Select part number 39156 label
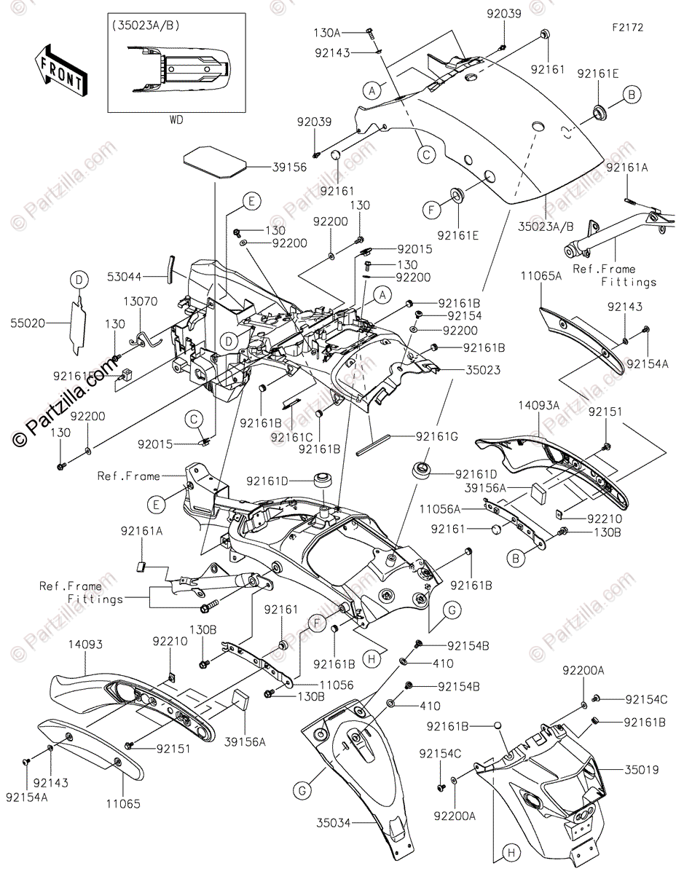tap(269, 168)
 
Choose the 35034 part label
tap(334, 823)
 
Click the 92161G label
tap(437, 437)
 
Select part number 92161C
tap(292, 437)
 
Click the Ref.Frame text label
tap(128, 476)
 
